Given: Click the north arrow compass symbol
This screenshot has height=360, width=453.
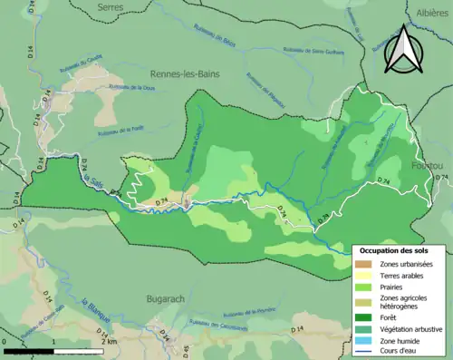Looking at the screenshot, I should tap(402, 50).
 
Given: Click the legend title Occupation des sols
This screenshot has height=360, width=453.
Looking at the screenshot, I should tap(395, 250).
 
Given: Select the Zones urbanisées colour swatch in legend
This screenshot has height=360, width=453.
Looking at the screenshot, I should tap(365, 264).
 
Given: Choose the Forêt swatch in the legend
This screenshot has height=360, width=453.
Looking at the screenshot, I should tap(365, 317).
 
